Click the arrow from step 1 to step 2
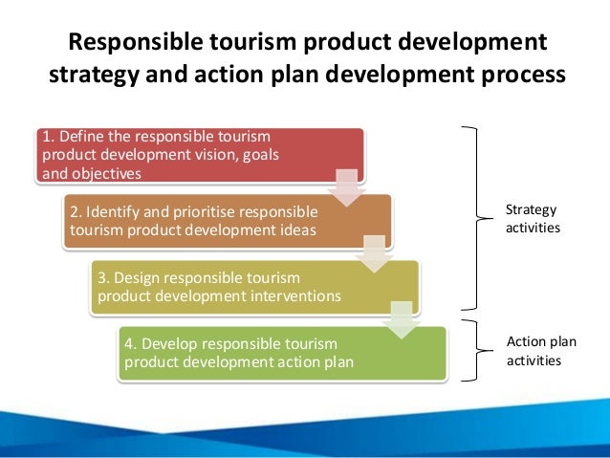point(348,186)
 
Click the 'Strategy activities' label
point(531,219)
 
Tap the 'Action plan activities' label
point(543,351)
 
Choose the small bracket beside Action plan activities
point(472,349)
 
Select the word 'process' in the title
point(514,76)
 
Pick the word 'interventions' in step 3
point(290,295)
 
